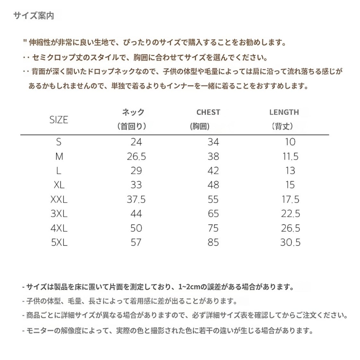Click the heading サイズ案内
click(34, 16)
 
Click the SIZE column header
click(59, 120)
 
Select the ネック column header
click(133, 112)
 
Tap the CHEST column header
click(208, 112)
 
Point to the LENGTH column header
click(284, 112)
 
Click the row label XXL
click(59, 199)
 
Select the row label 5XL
click(59, 242)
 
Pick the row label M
click(59, 156)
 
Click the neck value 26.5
click(136, 156)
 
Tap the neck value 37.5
click(136, 199)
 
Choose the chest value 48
click(213, 185)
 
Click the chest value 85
click(213, 242)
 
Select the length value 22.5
click(290, 214)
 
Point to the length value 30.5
click(290, 242)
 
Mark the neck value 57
click(136, 242)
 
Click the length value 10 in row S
click(290, 142)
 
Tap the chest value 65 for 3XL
click(213, 214)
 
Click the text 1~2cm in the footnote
click(189, 287)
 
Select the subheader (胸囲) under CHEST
click(200, 126)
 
